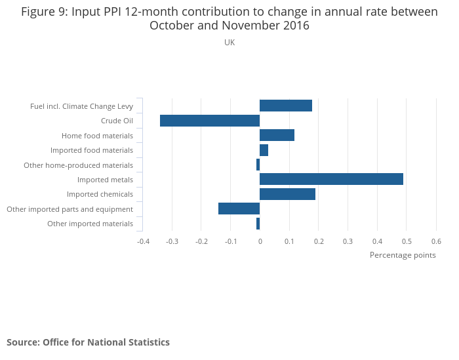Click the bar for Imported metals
pos(331,179)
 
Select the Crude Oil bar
pos(210,121)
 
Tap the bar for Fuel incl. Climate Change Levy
pos(286,106)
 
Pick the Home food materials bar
pos(277,135)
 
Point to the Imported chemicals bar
pos(287,194)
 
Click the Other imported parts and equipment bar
pos(239,209)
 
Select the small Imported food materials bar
pos(264,150)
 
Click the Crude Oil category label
pos(117,121)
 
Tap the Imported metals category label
pos(105,180)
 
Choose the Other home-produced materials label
pos(78,165)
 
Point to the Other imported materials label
pos(90,224)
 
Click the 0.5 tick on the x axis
pos(407,241)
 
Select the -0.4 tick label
pos(143,241)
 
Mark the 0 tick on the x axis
pos(260,241)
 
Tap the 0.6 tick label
pos(436,241)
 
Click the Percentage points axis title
pos(403,255)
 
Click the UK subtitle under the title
pos(229,43)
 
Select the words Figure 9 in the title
pos(46,12)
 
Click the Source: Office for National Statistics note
pos(88,342)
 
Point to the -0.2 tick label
pos(201,241)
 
